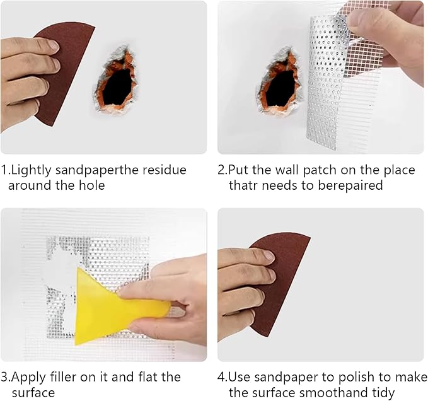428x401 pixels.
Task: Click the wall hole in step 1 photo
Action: tap(118, 82)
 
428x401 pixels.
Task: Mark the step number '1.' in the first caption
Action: tap(6, 170)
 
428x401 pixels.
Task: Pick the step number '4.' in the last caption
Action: tap(223, 378)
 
